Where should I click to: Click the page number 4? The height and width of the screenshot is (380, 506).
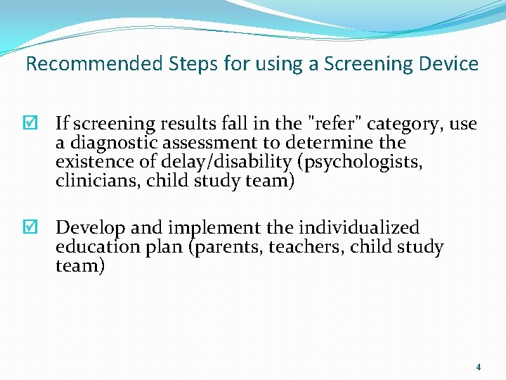point(479,367)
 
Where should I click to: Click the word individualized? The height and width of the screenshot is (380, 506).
point(358,228)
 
